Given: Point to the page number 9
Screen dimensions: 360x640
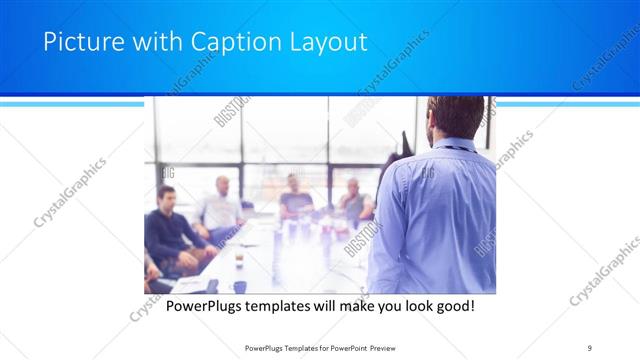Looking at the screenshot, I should [590, 347].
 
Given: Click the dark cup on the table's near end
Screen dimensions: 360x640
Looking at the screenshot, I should [239, 286].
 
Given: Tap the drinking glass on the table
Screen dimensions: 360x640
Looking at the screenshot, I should [238, 258].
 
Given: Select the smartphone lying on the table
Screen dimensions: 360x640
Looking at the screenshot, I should [213, 287].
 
